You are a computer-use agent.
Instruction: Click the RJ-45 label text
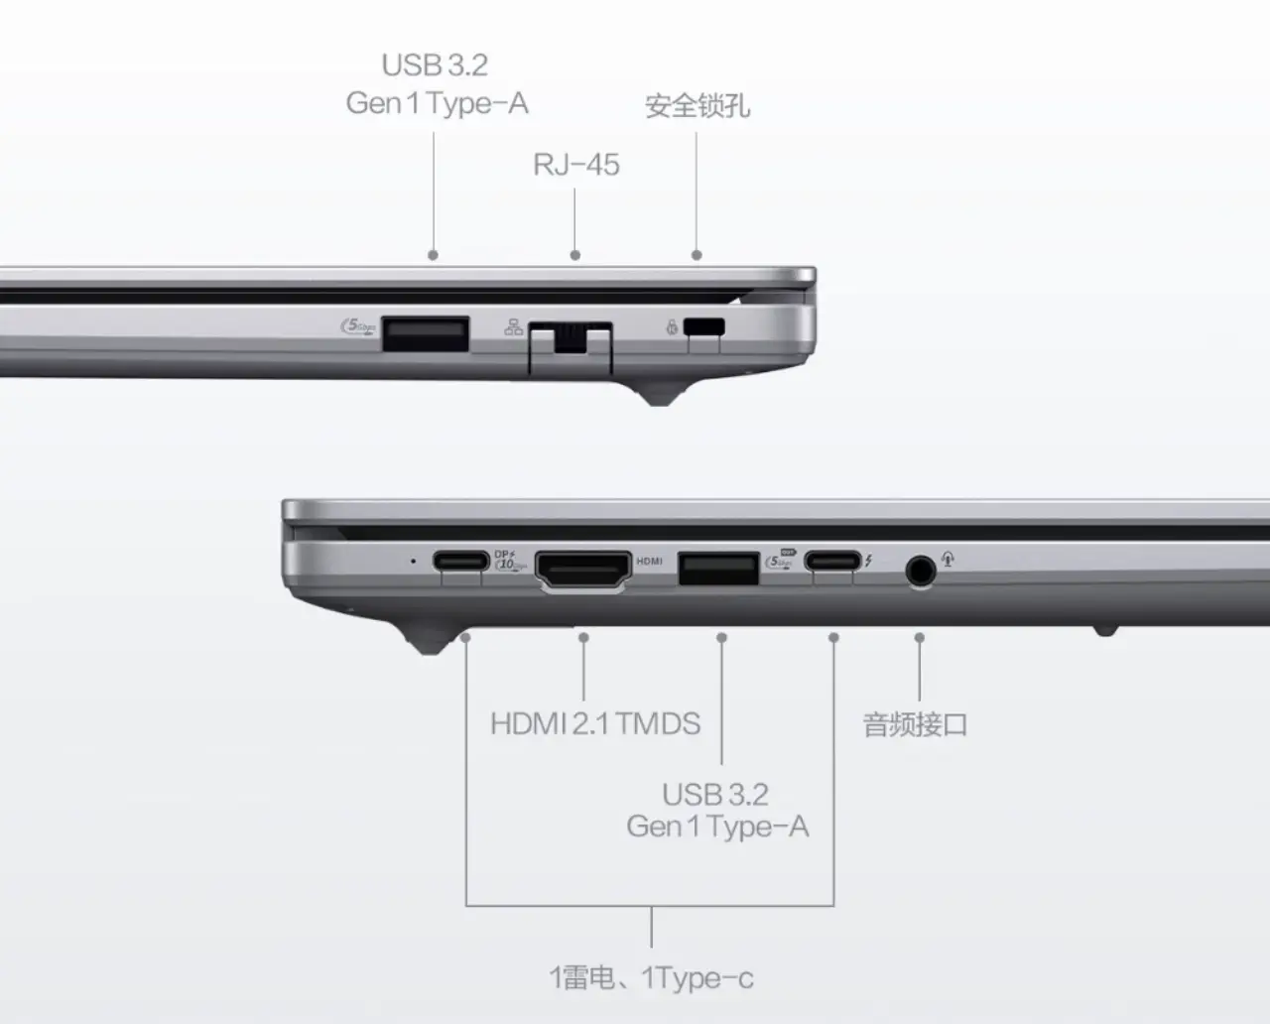pyautogui.click(x=576, y=165)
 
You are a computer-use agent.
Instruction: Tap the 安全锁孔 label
pyautogui.click(x=697, y=106)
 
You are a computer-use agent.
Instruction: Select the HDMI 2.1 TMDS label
pyautogui.click(x=595, y=723)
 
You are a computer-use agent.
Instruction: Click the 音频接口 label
pyautogui.click(x=915, y=724)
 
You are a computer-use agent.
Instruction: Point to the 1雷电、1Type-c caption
pyautogui.click(x=652, y=978)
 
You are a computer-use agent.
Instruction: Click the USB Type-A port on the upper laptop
pyautogui.click(x=426, y=334)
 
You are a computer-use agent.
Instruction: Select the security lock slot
pyautogui.click(x=704, y=327)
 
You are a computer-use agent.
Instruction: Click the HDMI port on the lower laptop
pyautogui.click(x=583, y=571)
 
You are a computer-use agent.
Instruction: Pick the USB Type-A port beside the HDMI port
pyautogui.click(x=718, y=569)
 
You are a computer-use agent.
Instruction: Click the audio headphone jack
pyautogui.click(x=920, y=571)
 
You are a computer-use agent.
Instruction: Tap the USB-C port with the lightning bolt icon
pyautogui.click(x=832, y=560)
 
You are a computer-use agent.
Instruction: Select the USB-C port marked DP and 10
pyautogui.click(x=461, y=560)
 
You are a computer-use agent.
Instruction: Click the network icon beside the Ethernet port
pyautogui.click(x=513, y=327)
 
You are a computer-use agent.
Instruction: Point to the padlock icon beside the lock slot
pyautogui.click(x=672, y=327)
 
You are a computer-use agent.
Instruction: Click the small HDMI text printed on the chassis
pyautogui.click(x=649, y=562)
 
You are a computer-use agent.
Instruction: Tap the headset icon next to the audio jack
pyautogui.click(x=948, y=559)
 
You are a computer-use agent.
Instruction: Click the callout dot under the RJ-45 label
pyautogui.click(x=575, y=255)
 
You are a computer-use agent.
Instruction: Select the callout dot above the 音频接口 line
pyautogui.click(x=920, y=637)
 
